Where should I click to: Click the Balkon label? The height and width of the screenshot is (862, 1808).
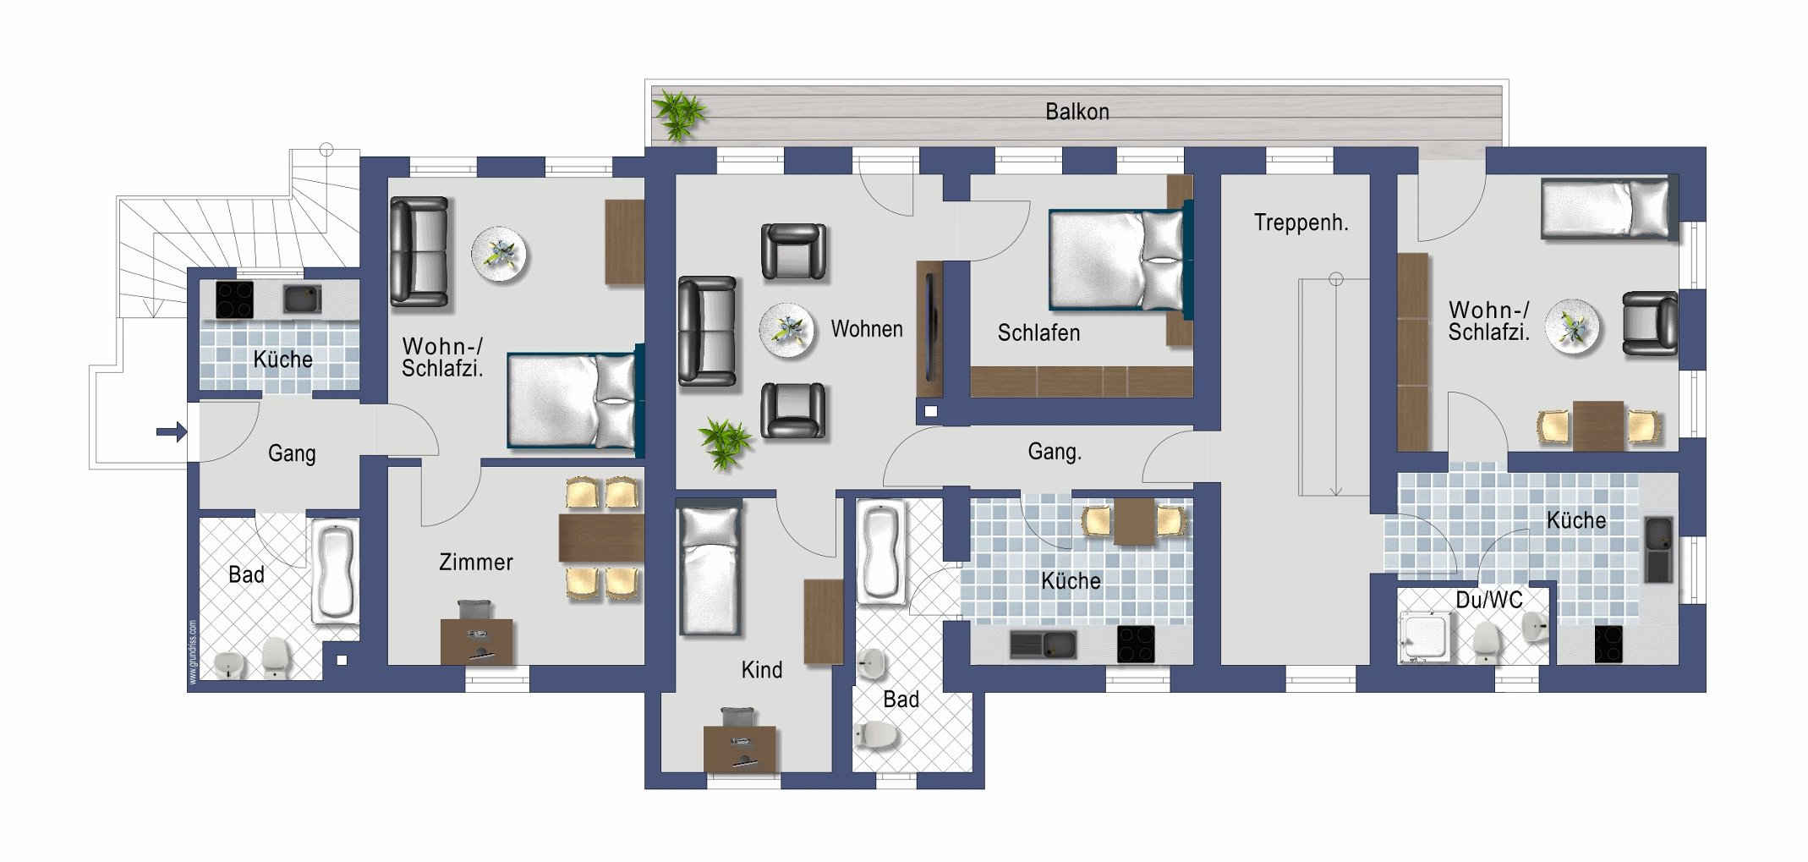(x=1077, y=112)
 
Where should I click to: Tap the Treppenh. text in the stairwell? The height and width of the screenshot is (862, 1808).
(x=1301, y=223)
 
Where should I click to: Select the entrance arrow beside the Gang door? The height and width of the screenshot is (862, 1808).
(x=172, y=432)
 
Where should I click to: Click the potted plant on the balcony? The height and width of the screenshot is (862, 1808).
(x=680, y=115)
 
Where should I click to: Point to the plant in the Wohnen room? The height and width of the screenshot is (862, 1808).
(x=725, y=443)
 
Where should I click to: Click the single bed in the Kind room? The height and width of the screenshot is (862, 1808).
(x=711, y=569)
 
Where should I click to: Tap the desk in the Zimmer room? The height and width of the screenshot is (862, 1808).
(x=477, y=641)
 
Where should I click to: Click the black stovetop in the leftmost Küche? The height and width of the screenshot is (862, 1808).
(x=234, y=299)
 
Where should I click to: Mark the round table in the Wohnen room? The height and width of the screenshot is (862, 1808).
(x=786, y=331)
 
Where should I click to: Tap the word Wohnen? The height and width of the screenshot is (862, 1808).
(x=867, y=329)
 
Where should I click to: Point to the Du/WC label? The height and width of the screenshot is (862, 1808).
(x=1489, y=601)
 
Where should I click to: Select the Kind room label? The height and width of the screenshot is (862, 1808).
(x=762, y=671)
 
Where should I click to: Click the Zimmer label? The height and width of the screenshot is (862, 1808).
(x=476, y=563)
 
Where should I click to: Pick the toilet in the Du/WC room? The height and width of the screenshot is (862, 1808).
(x=1487, y=643)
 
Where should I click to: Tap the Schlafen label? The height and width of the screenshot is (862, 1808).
(x=1038, y=333)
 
